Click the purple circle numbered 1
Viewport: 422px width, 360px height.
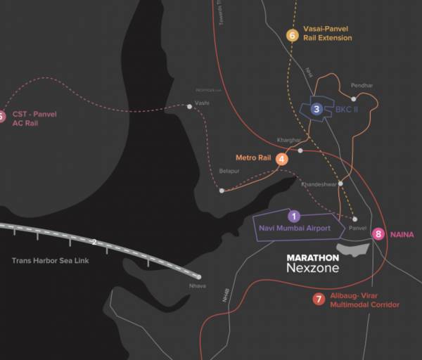click(x=295, y=216)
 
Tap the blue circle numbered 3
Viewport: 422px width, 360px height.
click(x=317, y=109)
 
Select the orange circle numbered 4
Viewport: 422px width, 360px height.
click(x=282, y=159)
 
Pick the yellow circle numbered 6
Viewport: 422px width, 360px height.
click(x=293, y=34)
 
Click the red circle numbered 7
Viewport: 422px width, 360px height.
click(x=319, y=300)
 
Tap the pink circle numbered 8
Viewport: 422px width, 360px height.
click(x=378, y=234)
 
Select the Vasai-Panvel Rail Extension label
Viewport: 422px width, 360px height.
click(x=327, y=34)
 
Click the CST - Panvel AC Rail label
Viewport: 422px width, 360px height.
click(x=34, y=118)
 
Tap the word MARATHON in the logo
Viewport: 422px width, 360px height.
click(x=313, y=258)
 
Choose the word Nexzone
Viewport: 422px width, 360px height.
click(x=312, y=269)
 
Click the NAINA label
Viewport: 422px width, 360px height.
click(x=402, y=234)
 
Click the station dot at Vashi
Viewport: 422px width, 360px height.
click(x=190, y=107)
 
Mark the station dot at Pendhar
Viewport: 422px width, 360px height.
click(x=353, y=99)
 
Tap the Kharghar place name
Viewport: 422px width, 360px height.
click(x=289, y=141)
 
